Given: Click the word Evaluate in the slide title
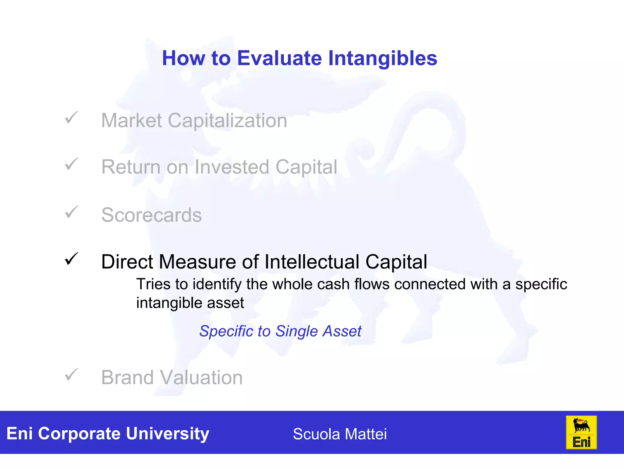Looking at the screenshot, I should tap(279, 58).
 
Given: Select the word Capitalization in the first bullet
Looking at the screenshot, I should tap(227, 121).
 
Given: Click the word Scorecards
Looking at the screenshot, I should tap(151, 215).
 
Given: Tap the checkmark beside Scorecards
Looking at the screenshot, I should tap(71, 212).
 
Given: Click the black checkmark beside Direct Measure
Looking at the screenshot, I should tap(71, 259).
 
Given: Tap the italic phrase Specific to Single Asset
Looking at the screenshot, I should tap(280, 331).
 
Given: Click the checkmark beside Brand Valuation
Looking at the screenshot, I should tap(71, 374).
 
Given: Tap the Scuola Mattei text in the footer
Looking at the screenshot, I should tap(339, 434).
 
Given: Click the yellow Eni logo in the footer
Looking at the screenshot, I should tap(581, 432).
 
